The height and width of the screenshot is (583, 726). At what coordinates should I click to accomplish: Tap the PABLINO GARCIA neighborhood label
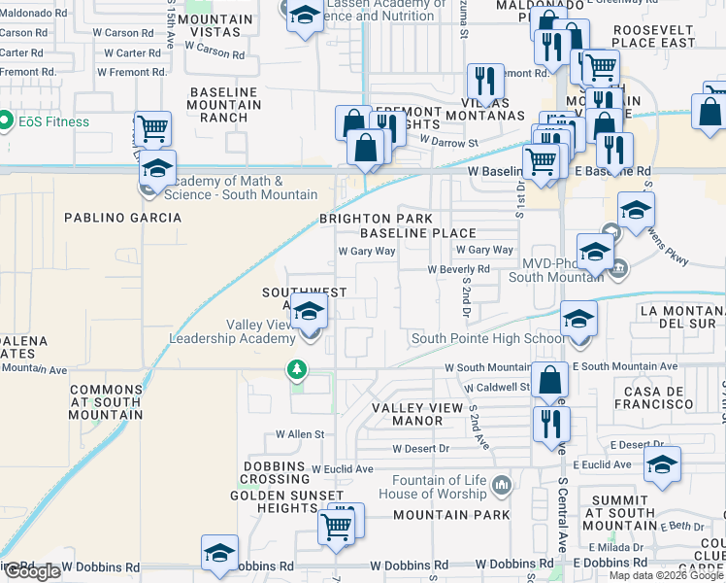click(123, 218)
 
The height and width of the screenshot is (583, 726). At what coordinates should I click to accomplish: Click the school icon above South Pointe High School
click(578, 318)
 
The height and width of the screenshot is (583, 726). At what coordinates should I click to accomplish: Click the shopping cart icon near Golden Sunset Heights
click(336, 526)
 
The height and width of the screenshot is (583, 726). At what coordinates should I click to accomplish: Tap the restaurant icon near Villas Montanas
click(484, 81)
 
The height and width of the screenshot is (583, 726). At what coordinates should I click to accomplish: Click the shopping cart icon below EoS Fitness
click(152, 128)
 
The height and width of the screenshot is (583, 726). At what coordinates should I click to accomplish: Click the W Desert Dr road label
click(420, 449)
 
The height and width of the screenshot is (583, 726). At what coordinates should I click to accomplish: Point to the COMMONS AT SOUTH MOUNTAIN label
click(106, 402)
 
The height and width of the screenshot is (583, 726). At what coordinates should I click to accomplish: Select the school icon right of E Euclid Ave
click(663, 464)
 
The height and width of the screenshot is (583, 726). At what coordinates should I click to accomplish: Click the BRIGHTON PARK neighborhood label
click(377, 219)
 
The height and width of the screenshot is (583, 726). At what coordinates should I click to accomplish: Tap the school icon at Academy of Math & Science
click(157, 167)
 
